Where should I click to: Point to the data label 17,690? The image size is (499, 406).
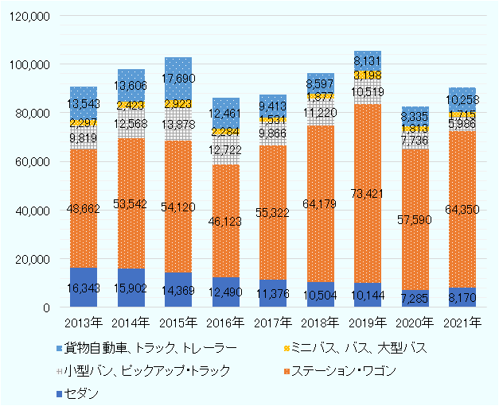177,79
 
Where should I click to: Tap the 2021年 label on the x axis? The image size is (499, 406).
462,323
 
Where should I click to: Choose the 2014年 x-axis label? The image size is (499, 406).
131,323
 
